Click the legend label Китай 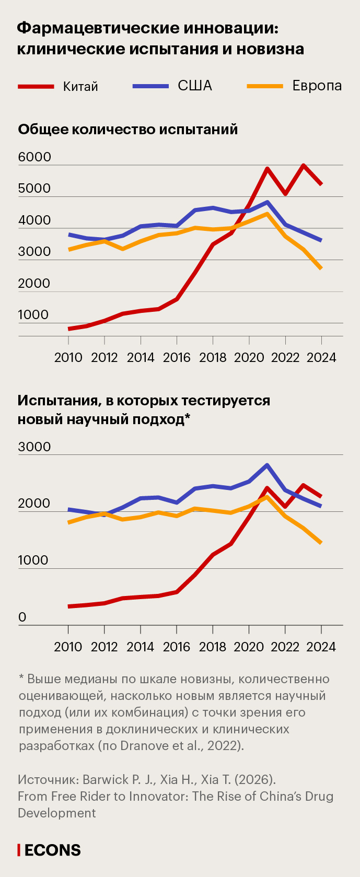coord(80,87)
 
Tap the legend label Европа coord(317,86)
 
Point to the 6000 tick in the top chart coord(34,157)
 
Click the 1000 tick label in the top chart coord(33,315)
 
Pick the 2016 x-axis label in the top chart coord(177,357)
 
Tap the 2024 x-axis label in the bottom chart coord(321,647)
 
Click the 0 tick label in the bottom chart coord(22,617)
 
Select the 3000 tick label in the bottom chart coord(34,447)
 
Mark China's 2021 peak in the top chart coord(267,169)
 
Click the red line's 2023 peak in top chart coord(304,166)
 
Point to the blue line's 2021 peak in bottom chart coord(267,465)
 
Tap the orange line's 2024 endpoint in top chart coord(321,268)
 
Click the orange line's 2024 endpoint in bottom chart coord(321,543)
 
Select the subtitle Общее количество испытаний coord(127,130)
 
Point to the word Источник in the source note coord(48,779)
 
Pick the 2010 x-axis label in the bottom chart coord(68,647)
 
